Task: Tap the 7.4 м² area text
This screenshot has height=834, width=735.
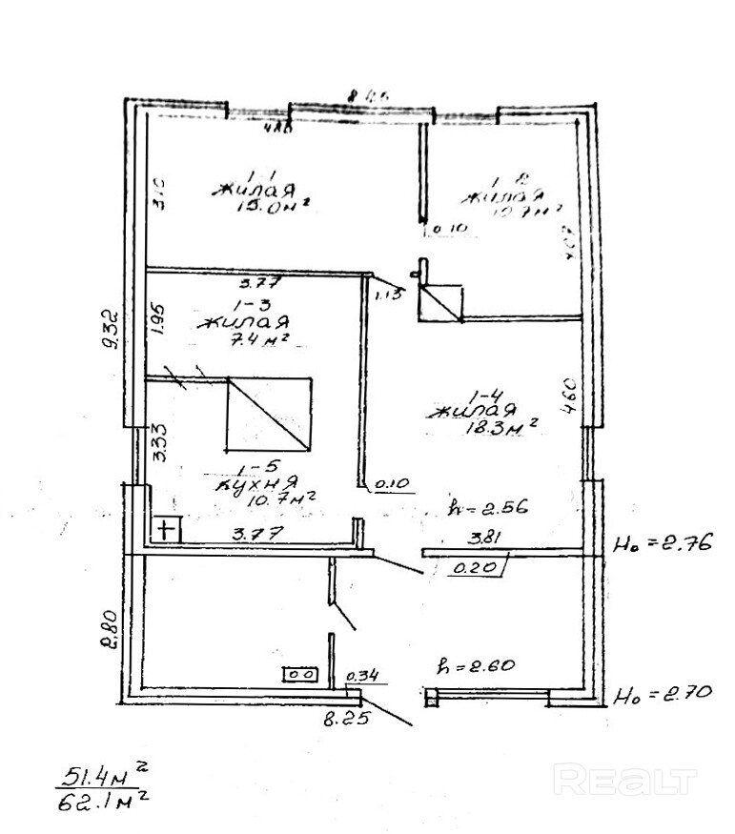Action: (250, 339)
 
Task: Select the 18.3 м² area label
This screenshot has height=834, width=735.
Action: (500, 428)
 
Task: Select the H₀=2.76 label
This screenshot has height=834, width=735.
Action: (659, 547)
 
